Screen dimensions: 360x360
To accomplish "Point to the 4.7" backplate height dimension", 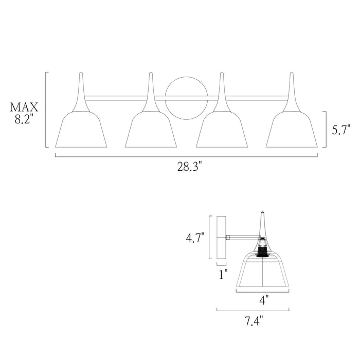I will pos(195,238).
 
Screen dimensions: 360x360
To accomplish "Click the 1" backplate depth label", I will pos(223,275).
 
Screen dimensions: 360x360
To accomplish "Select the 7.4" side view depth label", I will pos(254,322).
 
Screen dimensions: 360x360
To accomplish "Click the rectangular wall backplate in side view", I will pos(222,237).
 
